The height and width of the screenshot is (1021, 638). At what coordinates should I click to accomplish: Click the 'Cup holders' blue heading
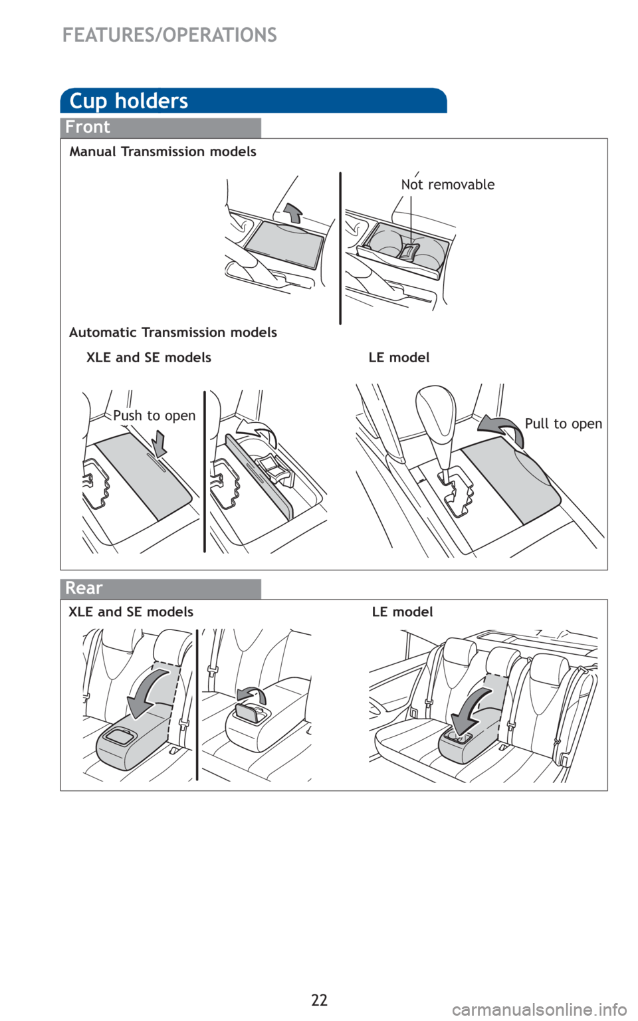(128, 101)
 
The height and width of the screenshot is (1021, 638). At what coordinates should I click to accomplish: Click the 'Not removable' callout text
(447, 185)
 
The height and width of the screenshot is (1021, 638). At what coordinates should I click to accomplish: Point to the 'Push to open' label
(154, 415)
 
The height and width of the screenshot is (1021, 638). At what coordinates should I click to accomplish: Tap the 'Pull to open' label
(564, 424)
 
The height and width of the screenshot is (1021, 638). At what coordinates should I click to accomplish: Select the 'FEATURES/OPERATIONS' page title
(169, 35)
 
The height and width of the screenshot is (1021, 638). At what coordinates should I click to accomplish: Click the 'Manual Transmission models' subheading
(163, 152)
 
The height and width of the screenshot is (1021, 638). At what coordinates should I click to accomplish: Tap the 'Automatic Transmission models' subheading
(173, 332)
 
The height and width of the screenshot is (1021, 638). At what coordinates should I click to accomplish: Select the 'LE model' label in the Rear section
(402, 612)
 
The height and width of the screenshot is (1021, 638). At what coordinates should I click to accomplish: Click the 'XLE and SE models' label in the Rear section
(131, 612)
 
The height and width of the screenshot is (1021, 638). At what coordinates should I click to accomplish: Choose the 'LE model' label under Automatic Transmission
(399, 358)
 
